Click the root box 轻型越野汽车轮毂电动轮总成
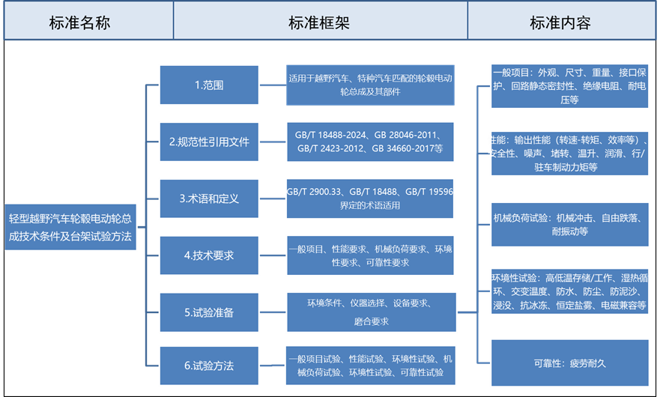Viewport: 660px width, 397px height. tap(70, 227)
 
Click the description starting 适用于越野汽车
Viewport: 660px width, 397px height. tap(370, 85)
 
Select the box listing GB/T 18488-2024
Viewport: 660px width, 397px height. tap(370, 142)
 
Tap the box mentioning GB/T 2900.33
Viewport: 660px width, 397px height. tap(370, 198)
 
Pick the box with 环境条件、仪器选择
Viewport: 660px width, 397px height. tap(370, 312)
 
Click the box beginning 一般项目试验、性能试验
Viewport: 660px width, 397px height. tap(370, 366)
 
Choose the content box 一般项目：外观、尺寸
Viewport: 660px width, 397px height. tap(569, 85)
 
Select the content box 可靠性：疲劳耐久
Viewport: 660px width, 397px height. tap(569, 363)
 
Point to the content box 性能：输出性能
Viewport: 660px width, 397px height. tap(569, 154)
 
